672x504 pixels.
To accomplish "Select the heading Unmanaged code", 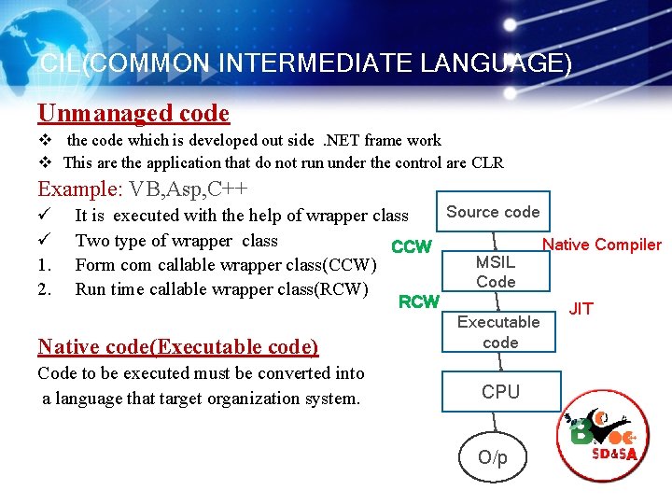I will (x=133, y=114).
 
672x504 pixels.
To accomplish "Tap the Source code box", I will (x=493, y=212).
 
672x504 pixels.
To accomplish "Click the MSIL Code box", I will (x=496, y=272).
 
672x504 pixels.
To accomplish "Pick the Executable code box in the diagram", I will (x=499, y=332).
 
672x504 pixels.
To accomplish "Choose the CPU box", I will (x=500, y=392).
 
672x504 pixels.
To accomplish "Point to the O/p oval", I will (x=493, y=457).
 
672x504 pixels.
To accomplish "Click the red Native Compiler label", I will (x=601, y=245).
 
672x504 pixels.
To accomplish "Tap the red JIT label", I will (x=581, y=309).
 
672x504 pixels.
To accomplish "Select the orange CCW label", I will (x=412, y=247).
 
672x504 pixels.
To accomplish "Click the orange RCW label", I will (x=419, y=301).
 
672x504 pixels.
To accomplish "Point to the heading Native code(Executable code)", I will (x=178, y=347).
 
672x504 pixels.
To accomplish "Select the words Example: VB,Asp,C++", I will (x=143, y=189).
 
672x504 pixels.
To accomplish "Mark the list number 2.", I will (x=44, y=289).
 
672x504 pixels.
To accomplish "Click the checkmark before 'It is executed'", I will (x=43, y=216).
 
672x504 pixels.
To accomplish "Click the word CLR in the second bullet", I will (x=488, y=163).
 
